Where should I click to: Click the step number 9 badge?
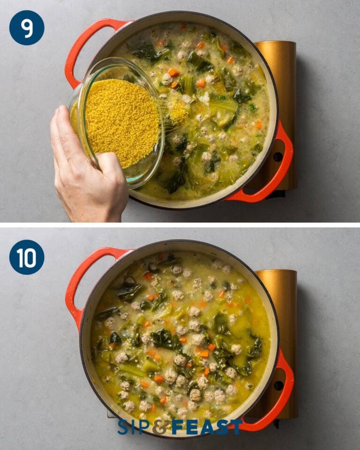tap(27, 28)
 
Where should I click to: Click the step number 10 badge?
tap(27, 257)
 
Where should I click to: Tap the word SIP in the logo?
tap(136, 427)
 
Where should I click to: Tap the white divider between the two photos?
tap(180, 225)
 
